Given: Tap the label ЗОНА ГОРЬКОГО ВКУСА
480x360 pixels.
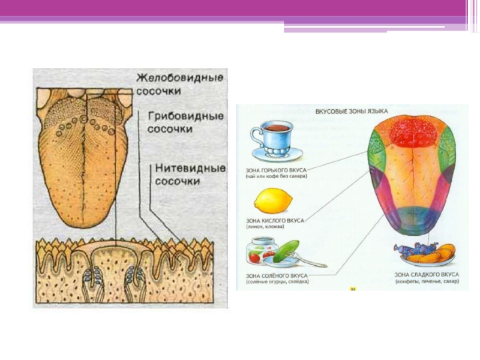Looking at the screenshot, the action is [x=277, y=170].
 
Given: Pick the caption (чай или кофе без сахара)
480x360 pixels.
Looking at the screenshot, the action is [x=276, y=177].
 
